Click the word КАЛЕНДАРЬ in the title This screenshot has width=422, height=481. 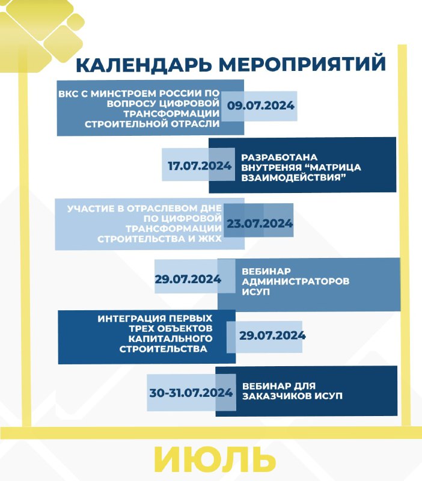(144, 65)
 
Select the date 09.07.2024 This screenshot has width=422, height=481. (261, 106)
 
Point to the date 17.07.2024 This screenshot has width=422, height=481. (200, 166)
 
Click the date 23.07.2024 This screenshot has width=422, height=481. (260, 223)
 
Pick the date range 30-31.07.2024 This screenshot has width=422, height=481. (191, 393)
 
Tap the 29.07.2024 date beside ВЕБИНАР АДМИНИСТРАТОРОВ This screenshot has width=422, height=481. (188, 279)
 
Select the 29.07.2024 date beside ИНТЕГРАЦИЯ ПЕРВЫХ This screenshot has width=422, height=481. (272, 335)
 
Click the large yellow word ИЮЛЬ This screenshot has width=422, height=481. (215, 459)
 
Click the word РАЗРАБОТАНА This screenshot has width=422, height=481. (279, 158)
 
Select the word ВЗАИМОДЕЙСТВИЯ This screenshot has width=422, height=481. (292, 177)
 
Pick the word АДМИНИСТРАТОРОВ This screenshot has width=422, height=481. (295, 281)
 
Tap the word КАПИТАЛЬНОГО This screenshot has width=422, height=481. (170, 339)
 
